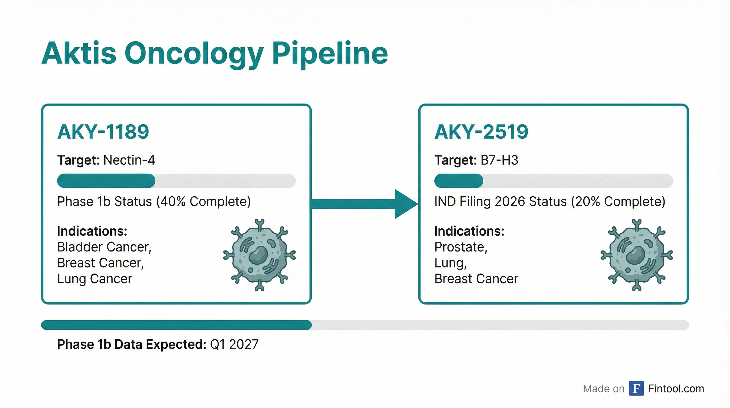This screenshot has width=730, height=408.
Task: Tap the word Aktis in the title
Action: point(79,53)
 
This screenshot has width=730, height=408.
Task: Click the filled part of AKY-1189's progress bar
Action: point(106,181)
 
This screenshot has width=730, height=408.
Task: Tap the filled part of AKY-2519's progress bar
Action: point(459,181)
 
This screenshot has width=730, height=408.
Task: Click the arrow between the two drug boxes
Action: point(365,204)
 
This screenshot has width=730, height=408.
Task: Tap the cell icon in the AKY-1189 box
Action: point(260,255)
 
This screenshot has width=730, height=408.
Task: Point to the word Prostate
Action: point(460,247)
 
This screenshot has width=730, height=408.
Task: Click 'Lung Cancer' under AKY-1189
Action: point(95,279)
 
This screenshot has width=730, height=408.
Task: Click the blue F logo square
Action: point(636,388)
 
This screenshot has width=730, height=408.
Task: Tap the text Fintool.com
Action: point(676,389)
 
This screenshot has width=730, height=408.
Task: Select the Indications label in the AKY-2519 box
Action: point(470,231)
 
